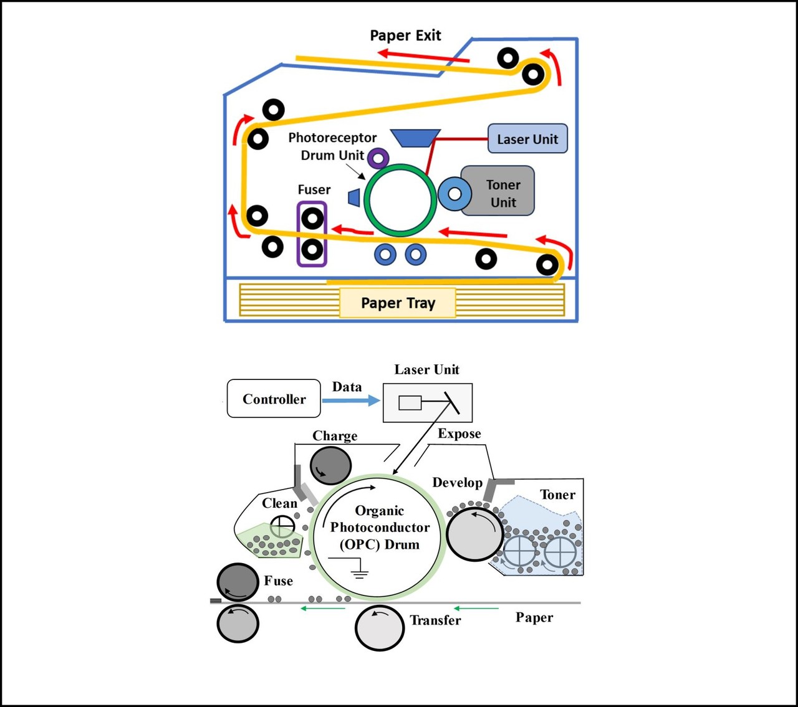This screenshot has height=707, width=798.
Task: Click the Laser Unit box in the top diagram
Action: point(527,139)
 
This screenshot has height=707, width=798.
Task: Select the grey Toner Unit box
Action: point(502,193)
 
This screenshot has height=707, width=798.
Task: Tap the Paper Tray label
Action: point(398,303)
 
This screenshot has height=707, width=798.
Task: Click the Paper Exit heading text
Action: point(405,36)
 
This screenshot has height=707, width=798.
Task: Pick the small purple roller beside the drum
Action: point(378,158)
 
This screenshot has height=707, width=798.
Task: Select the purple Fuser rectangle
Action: point(312,234)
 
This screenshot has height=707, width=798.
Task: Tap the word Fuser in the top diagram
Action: point(314,189)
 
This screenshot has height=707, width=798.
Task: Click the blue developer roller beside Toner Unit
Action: point(454,194)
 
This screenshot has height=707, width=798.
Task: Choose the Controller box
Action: point(274,399)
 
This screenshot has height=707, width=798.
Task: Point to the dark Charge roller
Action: point(331,465)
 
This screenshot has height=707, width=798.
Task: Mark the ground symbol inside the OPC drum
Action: point(358,569)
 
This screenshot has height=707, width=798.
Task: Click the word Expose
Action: point(459,434)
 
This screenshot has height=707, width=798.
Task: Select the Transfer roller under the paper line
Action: point(379,628)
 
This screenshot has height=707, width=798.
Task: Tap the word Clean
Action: point(279,503)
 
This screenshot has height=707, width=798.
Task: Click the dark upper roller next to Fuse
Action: point(238,582)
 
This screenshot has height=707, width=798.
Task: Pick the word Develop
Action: point(457,483)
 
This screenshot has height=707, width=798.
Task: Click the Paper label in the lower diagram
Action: point(534,617)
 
